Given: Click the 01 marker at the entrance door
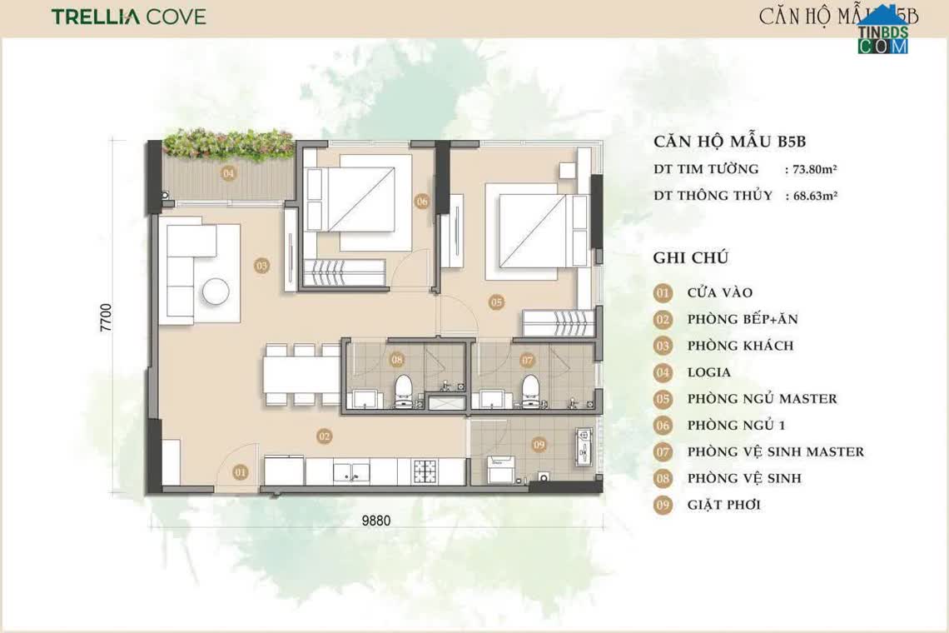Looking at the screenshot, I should point(241,473).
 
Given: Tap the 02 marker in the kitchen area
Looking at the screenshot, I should point(325,436).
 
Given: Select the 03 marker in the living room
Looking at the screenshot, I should point(262,266).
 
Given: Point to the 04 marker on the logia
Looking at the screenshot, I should point(227,173).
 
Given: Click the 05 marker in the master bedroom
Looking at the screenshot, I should point(496,302).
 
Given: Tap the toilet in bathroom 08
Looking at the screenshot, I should point(404,388).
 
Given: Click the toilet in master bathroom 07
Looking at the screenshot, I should point(529,388).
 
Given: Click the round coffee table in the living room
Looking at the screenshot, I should point(216,291).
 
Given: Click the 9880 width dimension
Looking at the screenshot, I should point(375,521).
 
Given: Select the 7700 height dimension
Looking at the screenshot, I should point(106,317).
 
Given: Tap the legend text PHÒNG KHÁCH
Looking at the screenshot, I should point(740,346).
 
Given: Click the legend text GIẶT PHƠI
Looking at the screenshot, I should point(723,505).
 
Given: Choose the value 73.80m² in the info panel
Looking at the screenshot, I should point(811,169).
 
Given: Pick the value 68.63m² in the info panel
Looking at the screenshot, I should point(811,196).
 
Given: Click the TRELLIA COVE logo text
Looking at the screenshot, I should point(128,17).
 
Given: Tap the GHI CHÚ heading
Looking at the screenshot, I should point(692,257).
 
